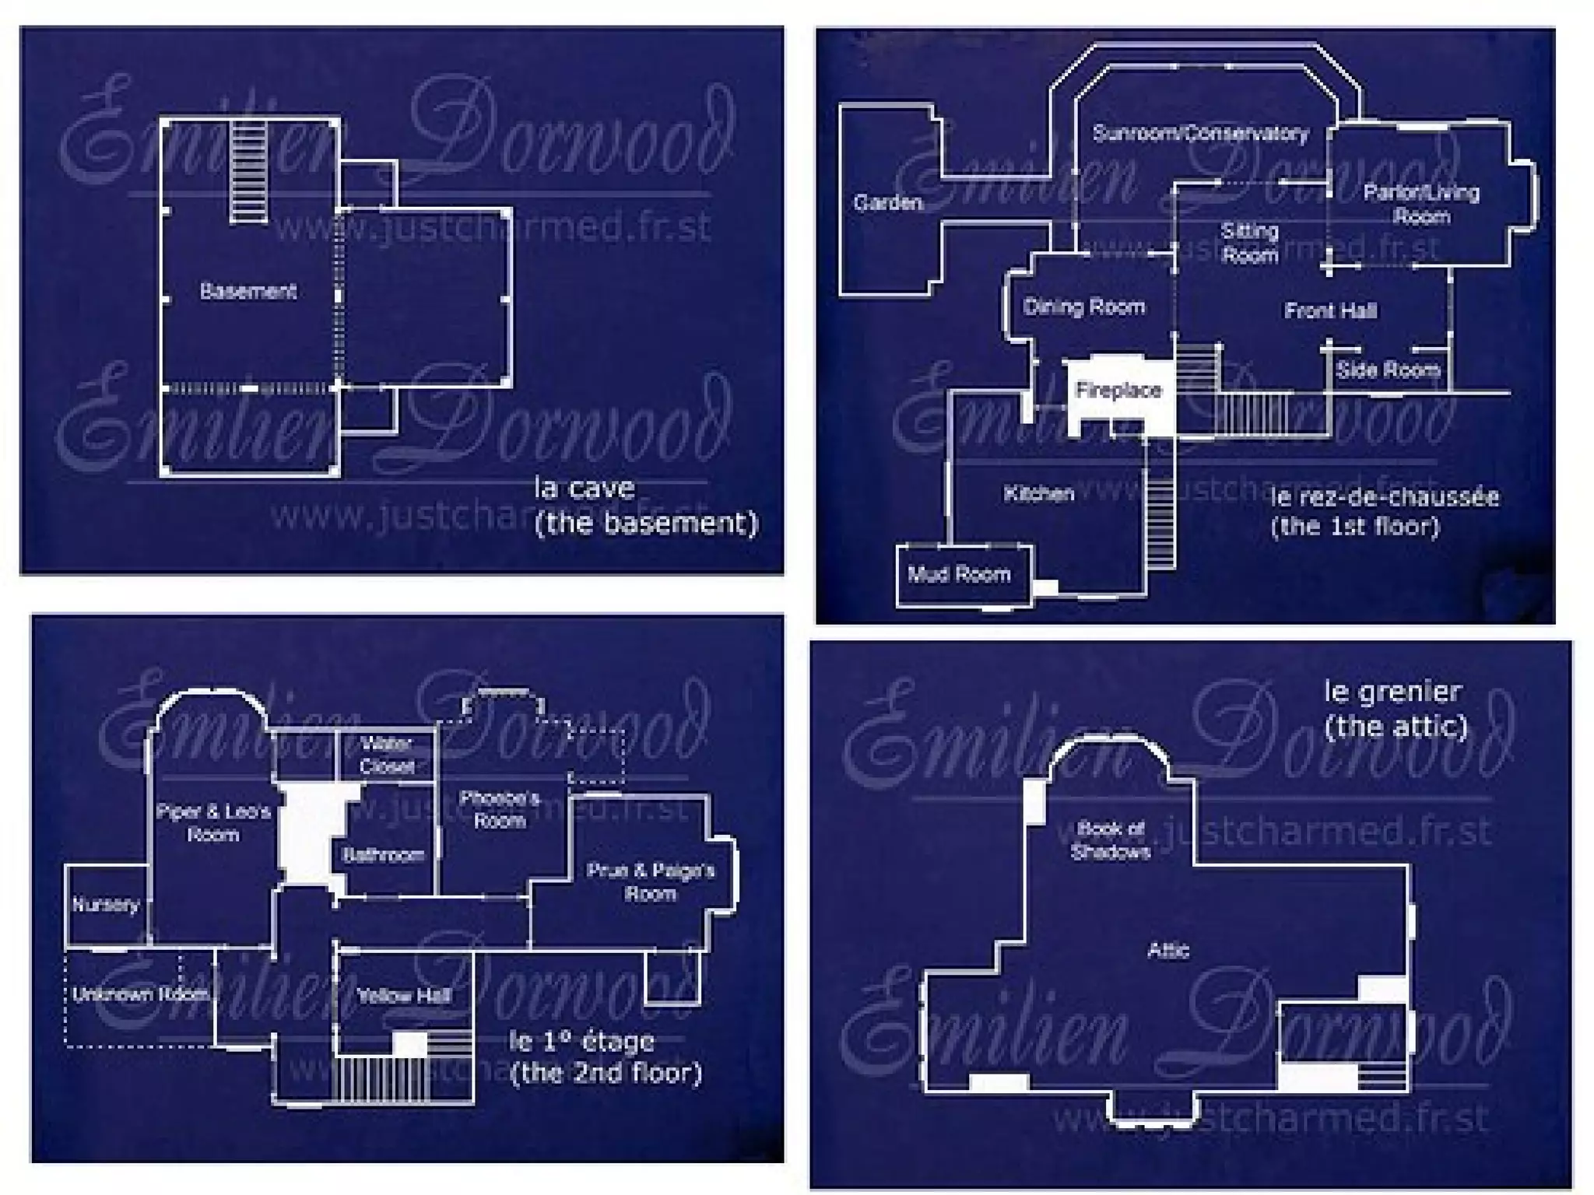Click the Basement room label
click(x=248, y=291)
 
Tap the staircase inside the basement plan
click(x=249, y=171)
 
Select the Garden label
click(x=887, y=203)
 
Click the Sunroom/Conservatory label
click(x=1200, y=133)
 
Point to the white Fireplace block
click(x=1118, y=390)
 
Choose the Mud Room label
click(x=959, y=574)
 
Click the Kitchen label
click(x=1038, y=493)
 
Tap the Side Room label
click(x=1388, y=370)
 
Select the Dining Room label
click(x=1083, y=307)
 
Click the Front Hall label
click(x=1330, y=311)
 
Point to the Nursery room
click(x=106, y=905)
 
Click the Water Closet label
click(x=386, y=755)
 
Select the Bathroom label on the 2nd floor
click(x=383, y=855)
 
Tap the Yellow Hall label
click(x=403, y=995)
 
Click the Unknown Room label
click(x=140, y=994)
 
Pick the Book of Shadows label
click(x=1110, y=840)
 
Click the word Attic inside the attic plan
click(x=1168, y=950)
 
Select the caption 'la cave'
click(x=584, y=489)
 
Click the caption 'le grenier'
click(x=1392, y=691)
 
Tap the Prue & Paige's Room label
click(x=650, y=881)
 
